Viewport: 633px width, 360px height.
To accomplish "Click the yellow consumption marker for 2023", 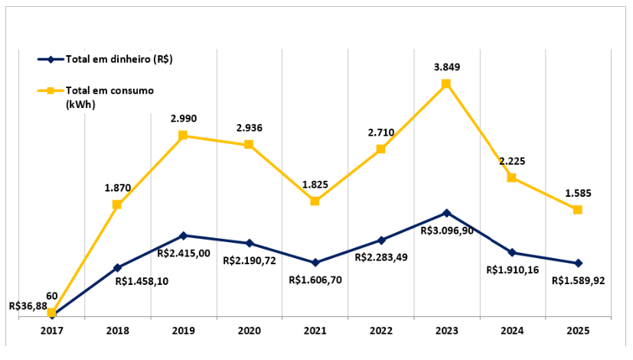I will [x=446, y=84].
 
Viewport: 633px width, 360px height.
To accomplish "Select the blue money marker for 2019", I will [x=183, y=235].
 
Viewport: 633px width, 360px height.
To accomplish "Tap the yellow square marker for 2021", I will [x=315, y=201].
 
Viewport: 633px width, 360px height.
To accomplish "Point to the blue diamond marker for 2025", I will [x=578, y=263].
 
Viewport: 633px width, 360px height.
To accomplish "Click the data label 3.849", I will [x=446, y=67].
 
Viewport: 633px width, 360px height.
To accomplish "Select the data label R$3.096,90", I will [x=447, y=230].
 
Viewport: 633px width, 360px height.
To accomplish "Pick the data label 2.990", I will [x=183, y=119].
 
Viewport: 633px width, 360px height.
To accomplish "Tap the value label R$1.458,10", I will [x=141, y=281].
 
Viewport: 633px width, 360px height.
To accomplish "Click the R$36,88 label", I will [x=28, y=306].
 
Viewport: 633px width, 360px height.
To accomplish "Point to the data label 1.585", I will [x=578, y=193].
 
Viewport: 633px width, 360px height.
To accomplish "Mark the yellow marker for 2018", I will [x=117, y=205].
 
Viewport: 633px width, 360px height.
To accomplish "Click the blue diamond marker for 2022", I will [x=380, y=241].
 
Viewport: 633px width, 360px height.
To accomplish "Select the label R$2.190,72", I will [x=250, y=261].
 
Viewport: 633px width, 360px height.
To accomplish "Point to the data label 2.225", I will [x=512, y=161].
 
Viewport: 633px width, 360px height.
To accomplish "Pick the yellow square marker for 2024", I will [x=512, y=178].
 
